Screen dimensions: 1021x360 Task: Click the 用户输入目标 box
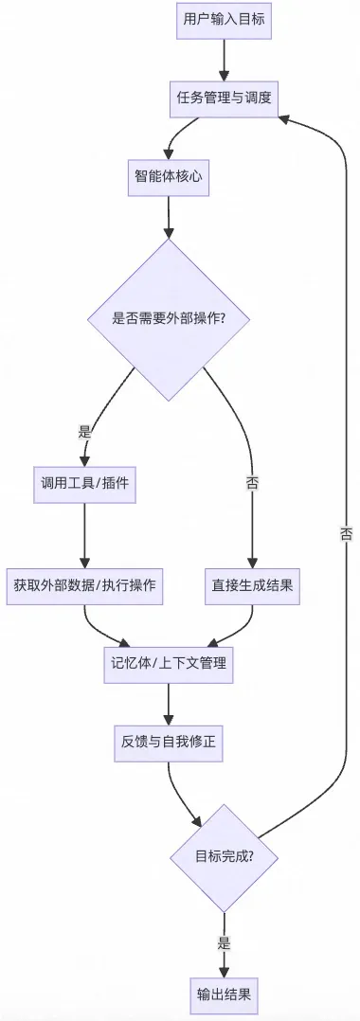(x=225, y=22)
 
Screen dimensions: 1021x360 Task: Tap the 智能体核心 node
(x=168, y=178)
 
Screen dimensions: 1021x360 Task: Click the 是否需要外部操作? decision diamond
(x=168, y=318)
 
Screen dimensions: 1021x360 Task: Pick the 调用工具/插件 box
(x=84, y=482)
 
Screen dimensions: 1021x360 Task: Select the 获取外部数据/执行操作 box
(x=84, y=584)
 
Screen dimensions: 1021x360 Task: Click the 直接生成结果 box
(x=252, y=584)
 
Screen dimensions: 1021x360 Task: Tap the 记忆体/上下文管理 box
(x=168, y=664)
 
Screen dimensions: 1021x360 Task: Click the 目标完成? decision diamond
(x=225, y=857)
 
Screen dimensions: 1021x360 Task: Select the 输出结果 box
(x=225, y=994)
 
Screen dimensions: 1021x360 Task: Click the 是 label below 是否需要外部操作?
(x=84, y=431)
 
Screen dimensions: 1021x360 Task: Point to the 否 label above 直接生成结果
(x=252, y=482)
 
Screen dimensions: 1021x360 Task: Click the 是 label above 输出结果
(x=225, y=942)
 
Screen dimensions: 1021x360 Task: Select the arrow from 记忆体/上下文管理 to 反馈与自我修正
(x=168, y=703)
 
